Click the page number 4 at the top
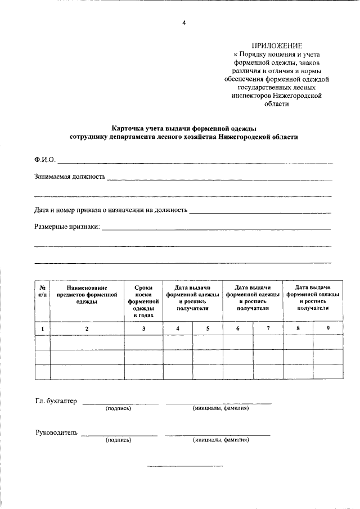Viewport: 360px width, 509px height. point(183,22)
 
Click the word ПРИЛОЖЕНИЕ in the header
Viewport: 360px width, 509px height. point(276,46)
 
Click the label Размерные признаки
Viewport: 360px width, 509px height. point(66,227)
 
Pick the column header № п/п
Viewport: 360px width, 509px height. point(43,291)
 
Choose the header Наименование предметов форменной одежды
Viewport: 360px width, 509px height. point(87,294)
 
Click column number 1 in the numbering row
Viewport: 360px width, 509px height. point(43,328)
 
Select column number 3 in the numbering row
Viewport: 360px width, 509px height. point(143,328)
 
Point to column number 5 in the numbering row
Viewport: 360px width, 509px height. point(208,328)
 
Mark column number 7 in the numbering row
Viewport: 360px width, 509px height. point(268,328)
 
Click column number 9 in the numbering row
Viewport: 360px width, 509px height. point(327,328)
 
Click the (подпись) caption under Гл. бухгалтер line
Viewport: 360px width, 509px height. point(118,408)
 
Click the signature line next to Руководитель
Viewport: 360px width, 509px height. point(119,435)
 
